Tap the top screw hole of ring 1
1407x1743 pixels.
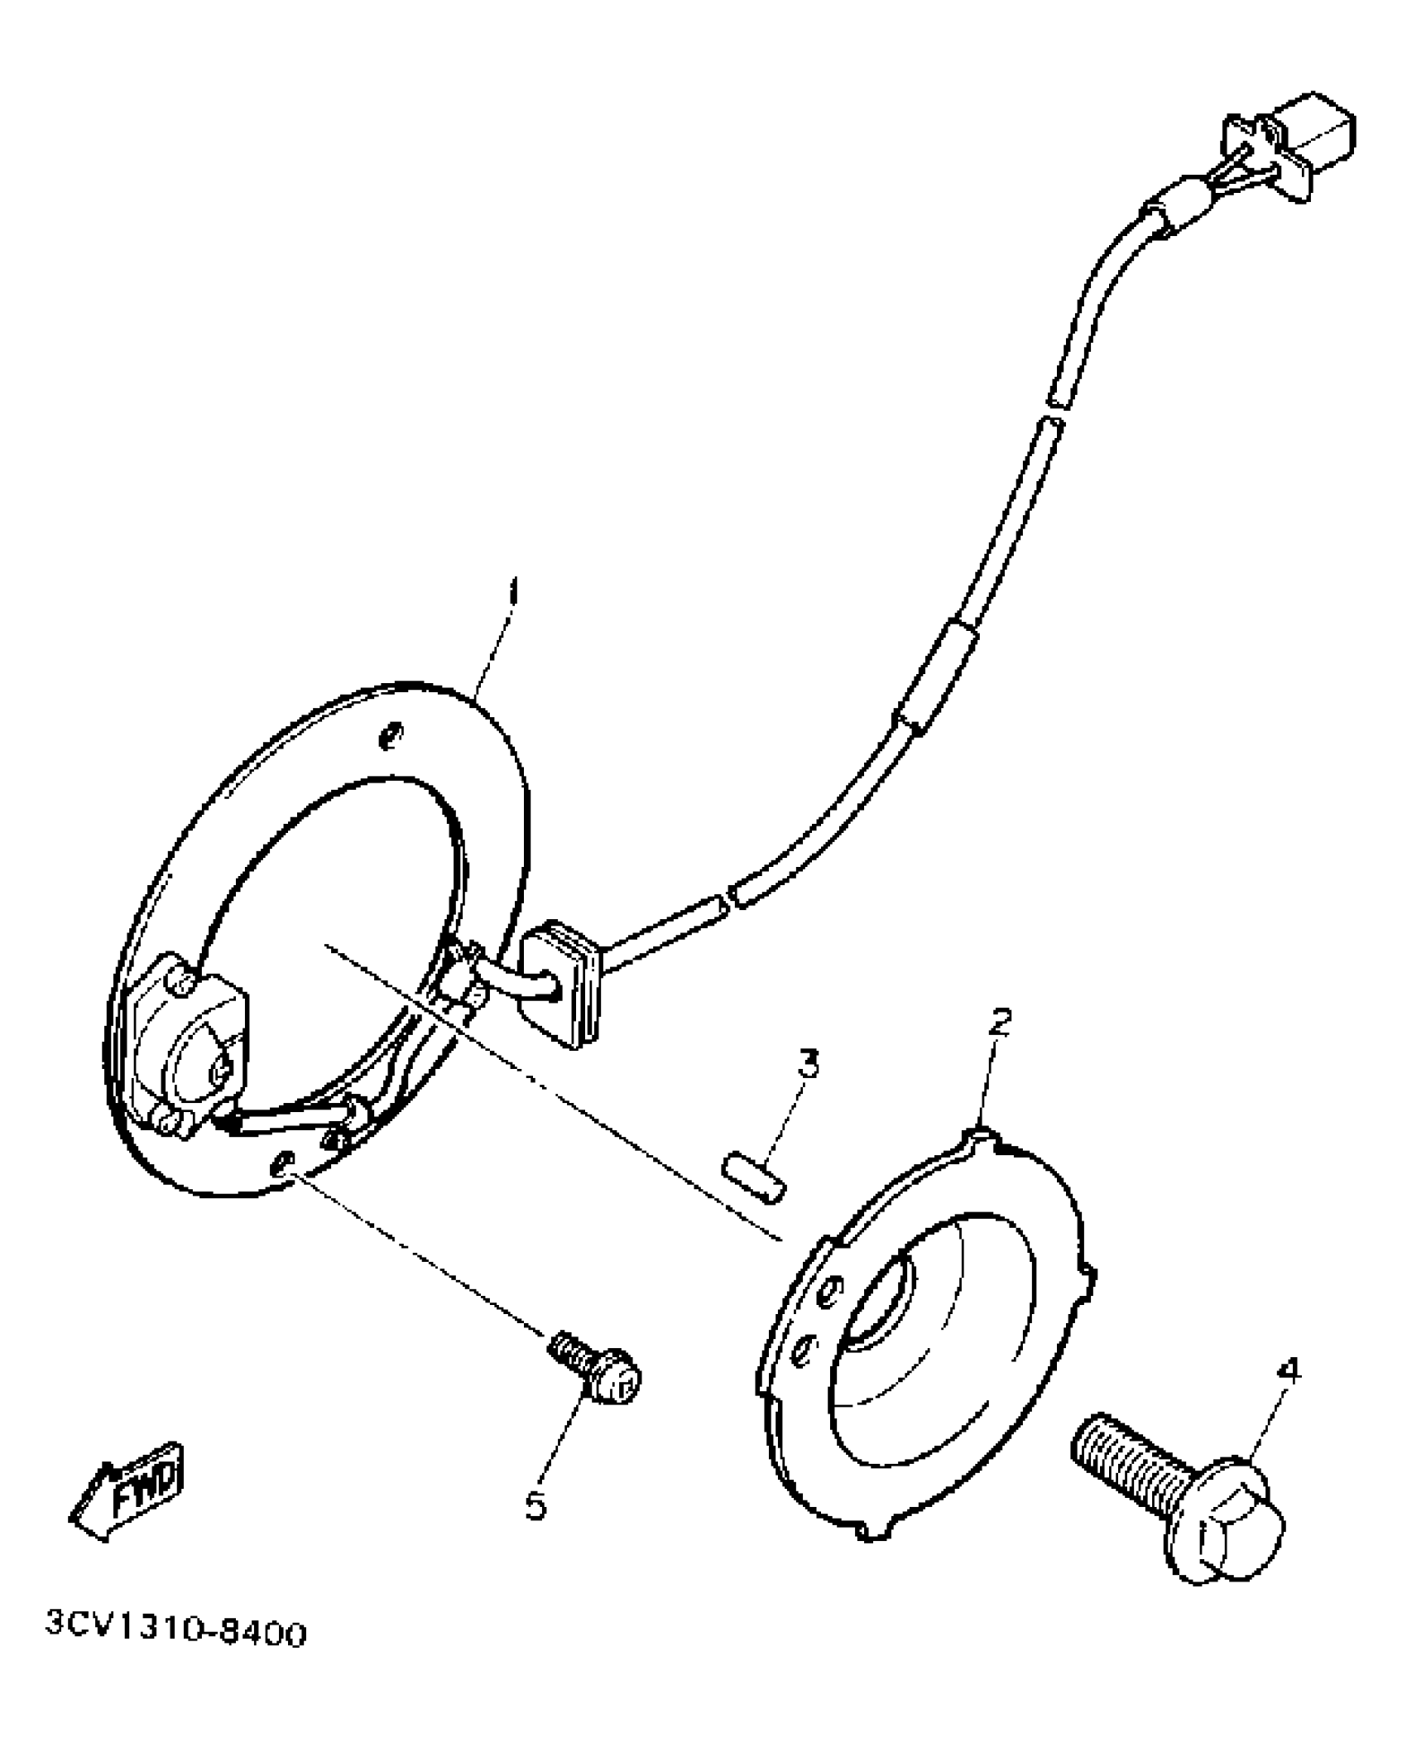point(389,734)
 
